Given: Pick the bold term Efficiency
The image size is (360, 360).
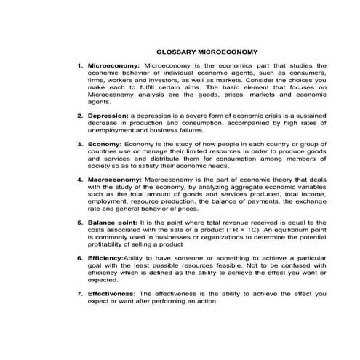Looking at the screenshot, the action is click(105, 257).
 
